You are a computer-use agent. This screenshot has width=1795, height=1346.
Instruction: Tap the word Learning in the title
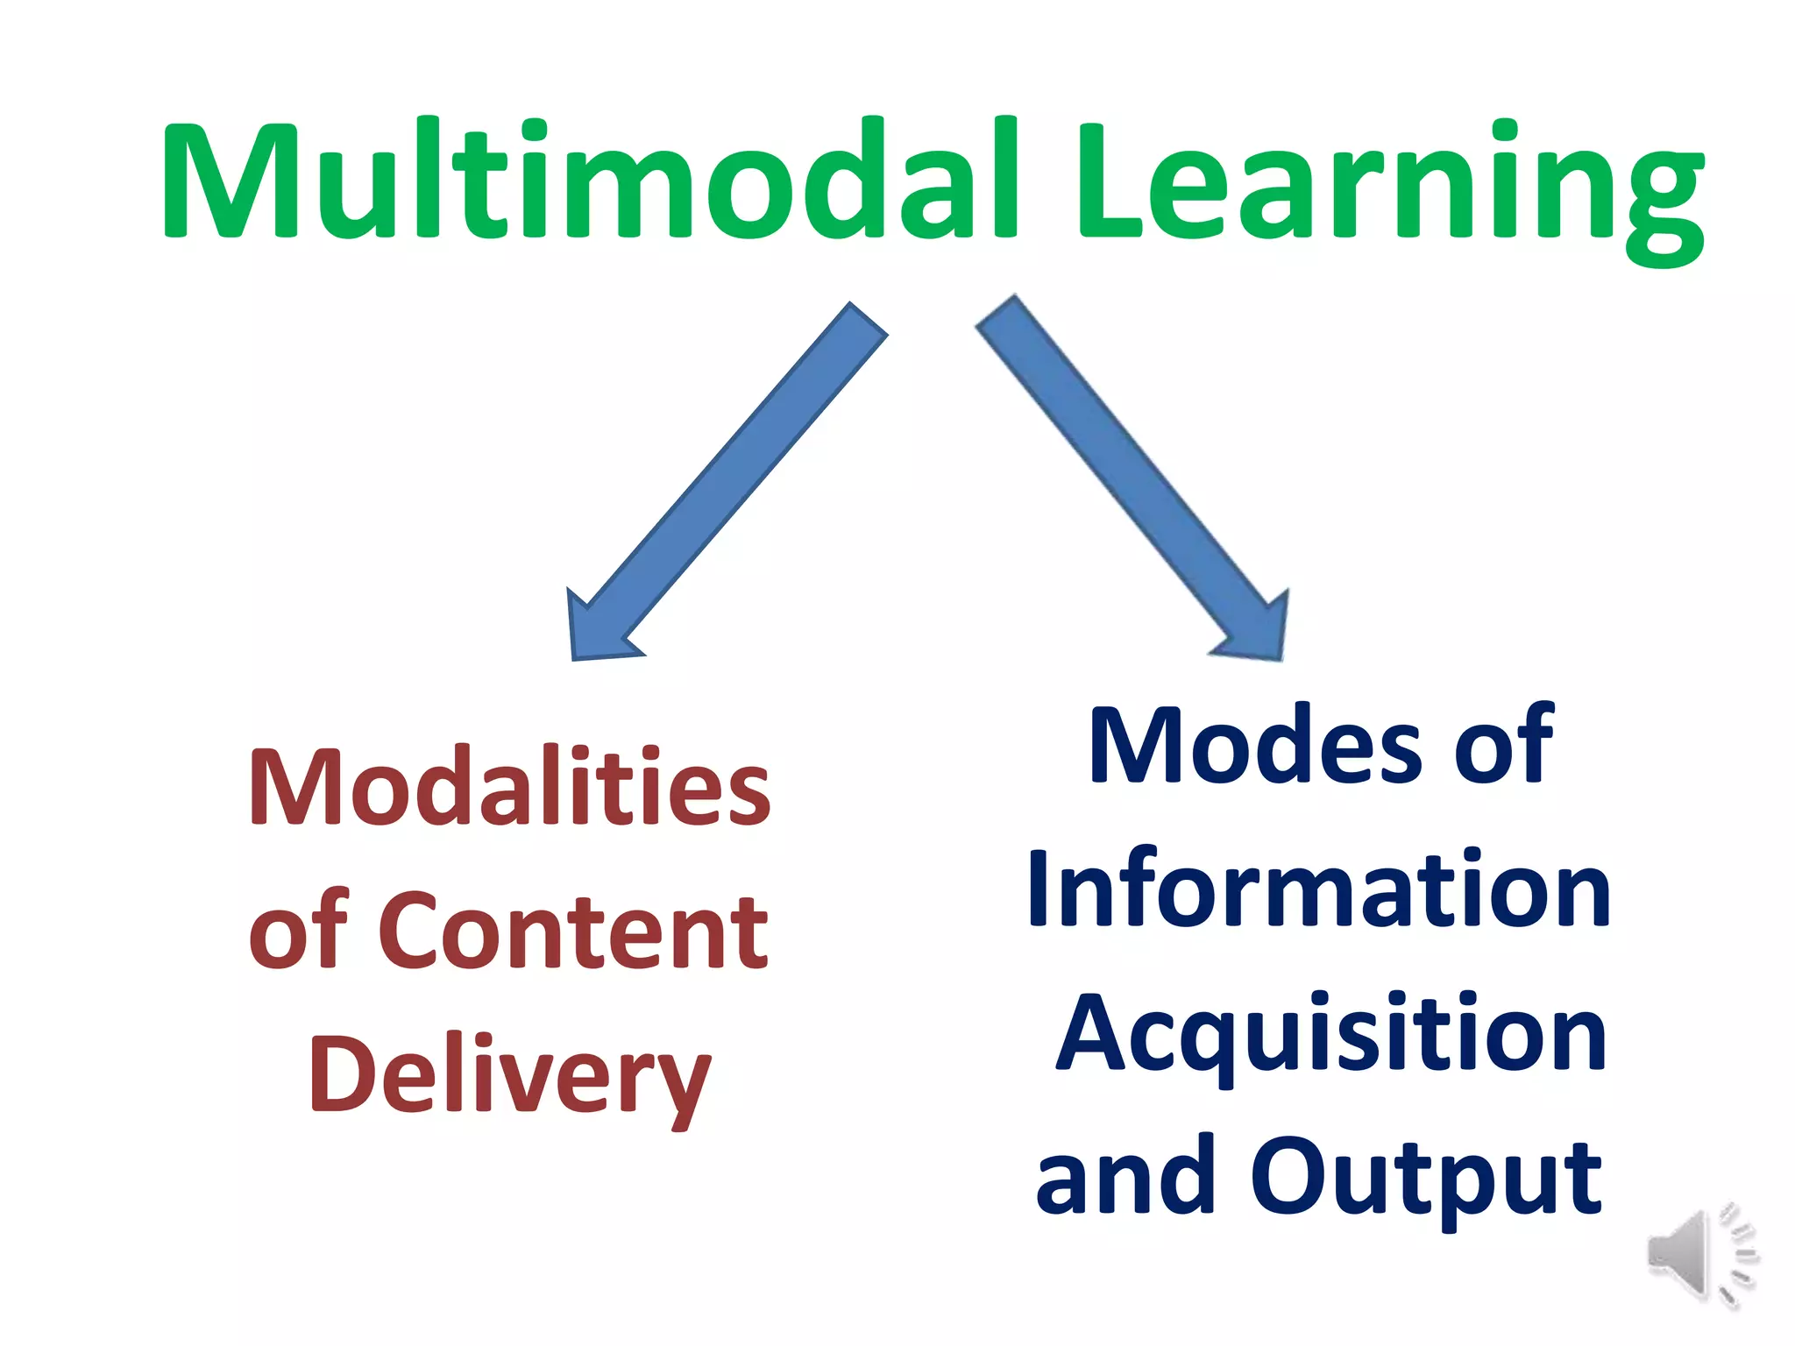(1389, 188)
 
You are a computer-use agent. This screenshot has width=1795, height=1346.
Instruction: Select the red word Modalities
(509, 786)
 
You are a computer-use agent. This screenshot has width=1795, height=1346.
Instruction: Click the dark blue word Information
(1319, 889)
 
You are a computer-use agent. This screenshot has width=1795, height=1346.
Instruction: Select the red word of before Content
(299, 931)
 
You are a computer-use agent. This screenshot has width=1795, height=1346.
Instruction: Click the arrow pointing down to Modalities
(727, 482)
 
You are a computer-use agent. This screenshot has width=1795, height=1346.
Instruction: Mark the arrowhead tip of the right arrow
(1281, 657)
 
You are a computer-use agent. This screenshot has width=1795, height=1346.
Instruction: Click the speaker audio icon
(1700, 1255)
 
